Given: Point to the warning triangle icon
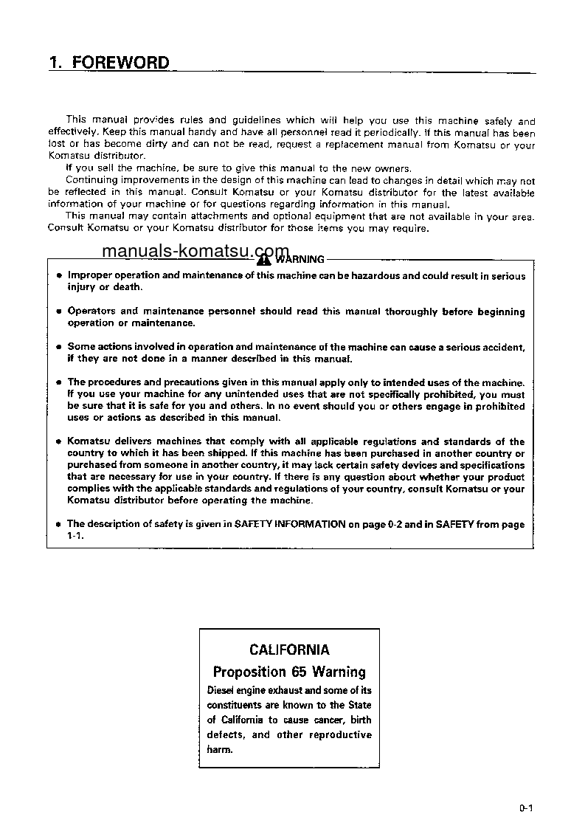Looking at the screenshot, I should pyautogui.click(x=263, y=259).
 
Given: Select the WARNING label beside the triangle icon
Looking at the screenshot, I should pyautogui.click(x=300, y=259).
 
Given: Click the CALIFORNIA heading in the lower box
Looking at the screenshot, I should pyautogui.click(x=289, y=650).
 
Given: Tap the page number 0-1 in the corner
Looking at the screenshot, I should pyautogui.click(x=525, y=808).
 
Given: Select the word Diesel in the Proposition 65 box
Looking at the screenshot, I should pyautogui.click(x=220, y=690).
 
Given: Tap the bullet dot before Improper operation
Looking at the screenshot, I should pyautogui.click(x=58, y=276).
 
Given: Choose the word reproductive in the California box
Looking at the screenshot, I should pyautogui.click(x=340, y=734).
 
